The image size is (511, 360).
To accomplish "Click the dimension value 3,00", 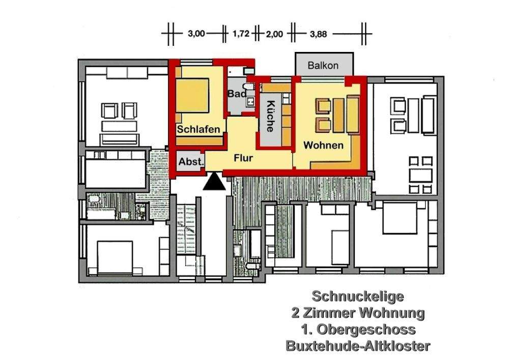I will pyautogui.click(x=196, y=34).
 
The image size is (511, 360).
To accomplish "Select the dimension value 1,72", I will pyautogui.click(x=240, y=34).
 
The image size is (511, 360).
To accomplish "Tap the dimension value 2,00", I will pyautogui.click(x=275, y=34).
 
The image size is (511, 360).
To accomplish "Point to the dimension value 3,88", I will pyautogui.click(x=318, y=34).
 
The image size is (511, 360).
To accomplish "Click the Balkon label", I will pyautogui.click(x=323, y=66).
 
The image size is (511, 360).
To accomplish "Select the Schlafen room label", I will pyautogui.click(x=198, y=129).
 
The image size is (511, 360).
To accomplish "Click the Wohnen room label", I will pyautogui.click(x=323, y=145).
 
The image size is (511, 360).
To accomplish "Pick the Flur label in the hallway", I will pyautogui.click(x=243, y=158).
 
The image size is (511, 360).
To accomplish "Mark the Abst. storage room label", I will pyautogui.click(x=191, y=162).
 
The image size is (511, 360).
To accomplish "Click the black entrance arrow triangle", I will pyautogui.click(x=214, y=181).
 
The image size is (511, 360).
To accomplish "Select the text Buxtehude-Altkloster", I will pyautogui.click(x=358, y=346).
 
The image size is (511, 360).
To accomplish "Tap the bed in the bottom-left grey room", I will pyautogui.click(x=115, y=257).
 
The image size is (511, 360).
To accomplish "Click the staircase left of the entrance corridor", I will pyautogui.click(x=187, y=239).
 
